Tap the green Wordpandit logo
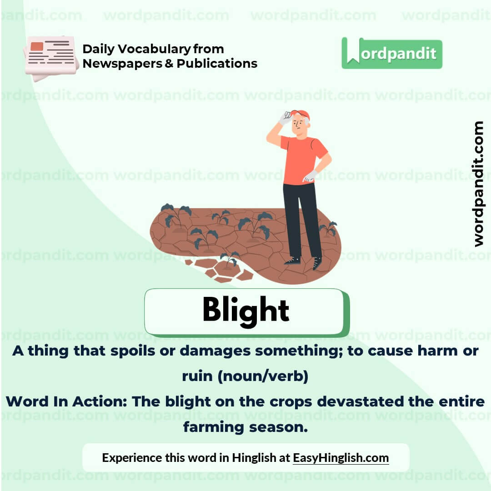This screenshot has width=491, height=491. (x=391, y=53)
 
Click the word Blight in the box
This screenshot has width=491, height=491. (x=245, y=311)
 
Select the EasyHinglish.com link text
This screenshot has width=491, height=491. (x=341, y=458)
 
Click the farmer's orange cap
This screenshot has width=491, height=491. (x=300, y=114)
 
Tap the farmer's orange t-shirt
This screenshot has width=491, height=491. (x=301, y=159)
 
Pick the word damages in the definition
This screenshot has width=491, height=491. (x=215, y=351)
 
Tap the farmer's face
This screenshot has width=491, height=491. (x=299, y=124)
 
